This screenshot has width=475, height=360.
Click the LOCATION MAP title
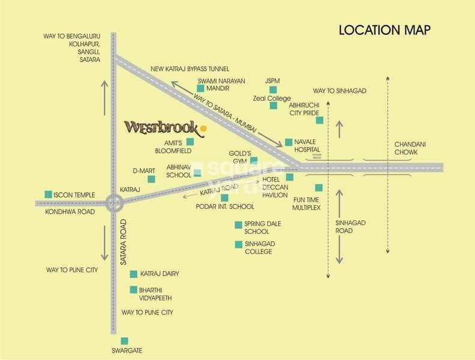pyautogui.click(x=385, y=30)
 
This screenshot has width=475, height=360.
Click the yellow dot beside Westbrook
pyautogui.click(x=203, y=128)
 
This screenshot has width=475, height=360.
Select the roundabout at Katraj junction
pyautogui.click(x=113, y=203)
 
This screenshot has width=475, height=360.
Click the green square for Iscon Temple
pyautogui.click(x=48, y=194)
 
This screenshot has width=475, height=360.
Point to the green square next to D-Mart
pyautogui.click(x=151, y=179)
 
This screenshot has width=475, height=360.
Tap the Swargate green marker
pyautogui.click(x=124, y=341)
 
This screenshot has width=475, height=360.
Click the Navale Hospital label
pyautogui.click(x=307, y=145)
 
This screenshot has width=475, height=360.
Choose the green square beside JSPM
pyautogui.click(x=273, y=90)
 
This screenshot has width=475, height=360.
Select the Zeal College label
pyautogui.click(x=271, y=98)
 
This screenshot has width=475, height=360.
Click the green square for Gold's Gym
pyautogui.click(x=254, y=160)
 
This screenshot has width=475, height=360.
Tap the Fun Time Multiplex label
pyautogui.click(x=307, y=203)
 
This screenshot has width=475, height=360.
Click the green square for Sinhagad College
pyautogui.click(x=238, y=244)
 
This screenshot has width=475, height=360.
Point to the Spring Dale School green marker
pyautogui.click(x=238, y=225)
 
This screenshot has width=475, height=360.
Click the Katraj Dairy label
pyautogui.click(x=160, y=274)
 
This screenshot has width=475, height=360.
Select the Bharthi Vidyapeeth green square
pyautogui.click(x=134, y=290)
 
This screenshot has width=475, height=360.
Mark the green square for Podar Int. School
pyautogui.click(x=225, y=197)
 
